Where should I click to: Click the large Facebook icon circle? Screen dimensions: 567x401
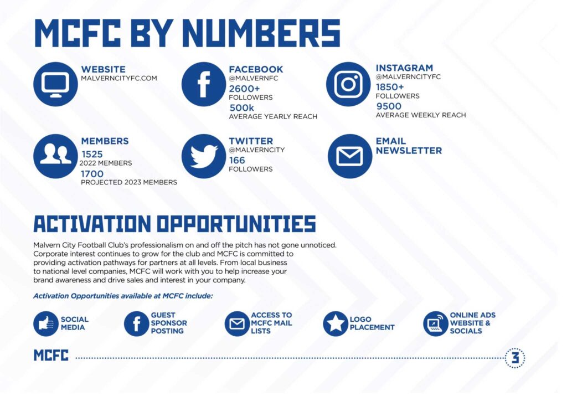(x=204, y=84)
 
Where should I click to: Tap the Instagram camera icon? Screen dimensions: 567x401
(x=348, y=84)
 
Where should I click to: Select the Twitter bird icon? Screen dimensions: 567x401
(x=204, y=156)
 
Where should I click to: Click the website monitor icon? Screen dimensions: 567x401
(x=55, y=84)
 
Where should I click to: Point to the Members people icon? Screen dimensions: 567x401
(x=55, y=156)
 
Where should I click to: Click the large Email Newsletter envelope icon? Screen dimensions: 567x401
(x=350, y=156)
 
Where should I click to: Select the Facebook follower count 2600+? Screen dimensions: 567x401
(x=244, y=89)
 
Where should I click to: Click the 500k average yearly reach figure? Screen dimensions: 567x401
(x=241, y=108)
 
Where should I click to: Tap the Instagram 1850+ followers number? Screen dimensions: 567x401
(x=390, y=87)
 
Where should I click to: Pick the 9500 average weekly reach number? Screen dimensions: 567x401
(x=389, y=106)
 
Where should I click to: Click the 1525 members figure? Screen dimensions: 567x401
(x=92, y=155)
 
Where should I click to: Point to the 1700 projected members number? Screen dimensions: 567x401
(x=92, y=174)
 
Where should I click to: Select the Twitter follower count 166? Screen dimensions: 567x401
(x=237, y=160)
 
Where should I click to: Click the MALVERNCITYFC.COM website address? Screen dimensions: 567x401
(x=119, y=78)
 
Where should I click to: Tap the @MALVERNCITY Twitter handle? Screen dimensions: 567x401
(x=257, y=150)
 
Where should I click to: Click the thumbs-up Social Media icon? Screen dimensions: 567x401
(x=46, y=323)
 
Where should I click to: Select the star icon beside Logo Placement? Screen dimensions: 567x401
(x=335, y=323)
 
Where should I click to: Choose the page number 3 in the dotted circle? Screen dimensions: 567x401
(x=515, y=358)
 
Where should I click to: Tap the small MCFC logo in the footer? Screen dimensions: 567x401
(x=51, y=356)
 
